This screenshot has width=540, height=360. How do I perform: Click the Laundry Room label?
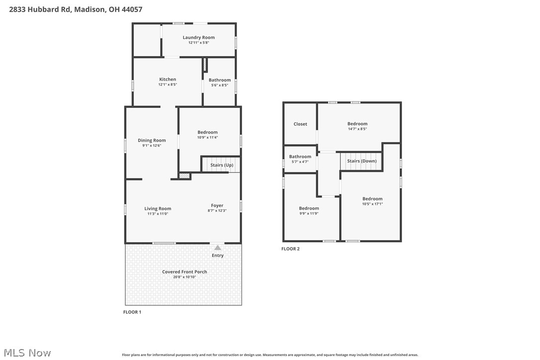(x=198, y=38)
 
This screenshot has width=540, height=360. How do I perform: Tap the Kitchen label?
(x=168, y=80)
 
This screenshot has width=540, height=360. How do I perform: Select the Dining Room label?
(x=152, y=141)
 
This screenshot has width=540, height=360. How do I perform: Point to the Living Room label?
(x=158, y=209)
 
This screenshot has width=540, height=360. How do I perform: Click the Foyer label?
(x=217, y=205)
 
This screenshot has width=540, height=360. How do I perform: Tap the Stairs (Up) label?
(x=222, y=165)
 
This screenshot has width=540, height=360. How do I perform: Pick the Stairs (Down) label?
(x=361, y=161)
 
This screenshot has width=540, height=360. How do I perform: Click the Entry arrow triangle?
(x=217, y=247)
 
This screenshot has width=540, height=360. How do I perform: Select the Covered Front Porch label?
(x=184, y=272)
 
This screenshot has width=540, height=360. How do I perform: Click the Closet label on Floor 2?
(x=300, y=124)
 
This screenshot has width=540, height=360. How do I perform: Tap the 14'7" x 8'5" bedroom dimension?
(x=357, y=129)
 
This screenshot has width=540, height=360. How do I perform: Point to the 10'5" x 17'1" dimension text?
(x=372, y=204)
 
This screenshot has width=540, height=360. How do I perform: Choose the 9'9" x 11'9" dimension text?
(x=309, y=213)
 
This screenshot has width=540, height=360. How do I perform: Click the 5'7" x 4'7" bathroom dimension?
(x=300, y=162)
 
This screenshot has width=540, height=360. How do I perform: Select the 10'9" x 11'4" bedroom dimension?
(x=207, y=137)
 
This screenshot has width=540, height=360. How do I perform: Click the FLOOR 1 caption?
(x=132, y=312)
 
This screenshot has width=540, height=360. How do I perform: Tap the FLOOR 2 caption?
(x=290, y=249)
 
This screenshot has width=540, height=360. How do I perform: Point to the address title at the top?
(x=76, y=9)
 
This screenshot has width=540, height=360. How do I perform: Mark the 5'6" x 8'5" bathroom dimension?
(x=219, y=85)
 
